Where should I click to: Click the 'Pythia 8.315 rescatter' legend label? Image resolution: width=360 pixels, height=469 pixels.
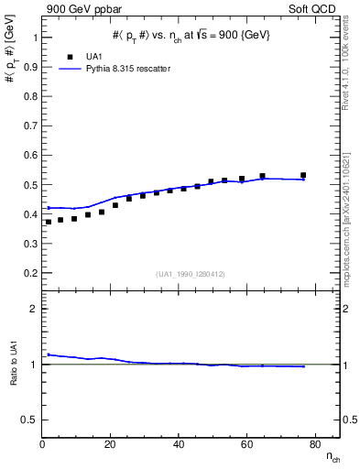click(x=117, y=69)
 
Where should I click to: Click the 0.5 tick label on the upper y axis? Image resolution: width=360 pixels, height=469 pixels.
click(x=28, y=185)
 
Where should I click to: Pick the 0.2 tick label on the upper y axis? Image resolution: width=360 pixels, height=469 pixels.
click(x=28, y=273)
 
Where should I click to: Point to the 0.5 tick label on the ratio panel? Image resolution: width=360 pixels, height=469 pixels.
click(x=28, y=420)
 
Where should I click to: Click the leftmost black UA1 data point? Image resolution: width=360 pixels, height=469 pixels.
click(x=49, y=222)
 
